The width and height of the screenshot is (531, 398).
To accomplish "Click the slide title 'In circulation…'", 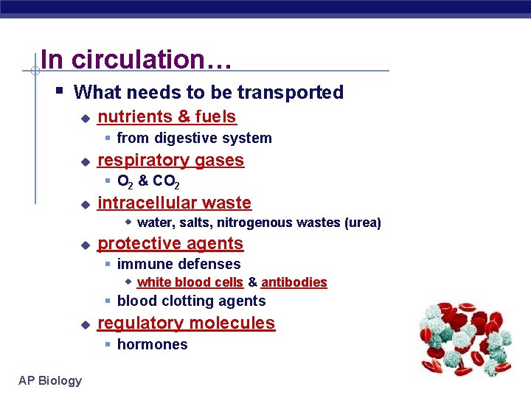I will (x=136, y=59).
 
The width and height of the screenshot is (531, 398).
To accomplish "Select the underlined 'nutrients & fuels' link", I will (x=167, y=116).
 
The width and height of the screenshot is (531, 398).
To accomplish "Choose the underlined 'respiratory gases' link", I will (x=170, y=160).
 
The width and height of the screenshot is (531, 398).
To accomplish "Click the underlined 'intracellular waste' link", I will (x=174, y=203).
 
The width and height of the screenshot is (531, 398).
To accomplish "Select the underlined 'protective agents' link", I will (x=170, y=243).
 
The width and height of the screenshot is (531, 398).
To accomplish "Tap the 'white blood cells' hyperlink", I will (x=190, y=282).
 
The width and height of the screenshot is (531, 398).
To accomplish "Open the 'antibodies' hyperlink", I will (x=294, y=282).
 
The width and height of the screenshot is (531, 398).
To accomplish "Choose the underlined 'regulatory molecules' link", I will (x=186, y=323).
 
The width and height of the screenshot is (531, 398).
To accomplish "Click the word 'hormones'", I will (x=152, y=344).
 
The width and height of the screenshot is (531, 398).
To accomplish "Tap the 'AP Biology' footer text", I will (x=50, y=380).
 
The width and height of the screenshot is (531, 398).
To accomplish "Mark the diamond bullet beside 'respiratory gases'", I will (x=85, y=161).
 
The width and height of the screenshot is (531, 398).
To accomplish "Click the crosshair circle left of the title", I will (x=35, y=71).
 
